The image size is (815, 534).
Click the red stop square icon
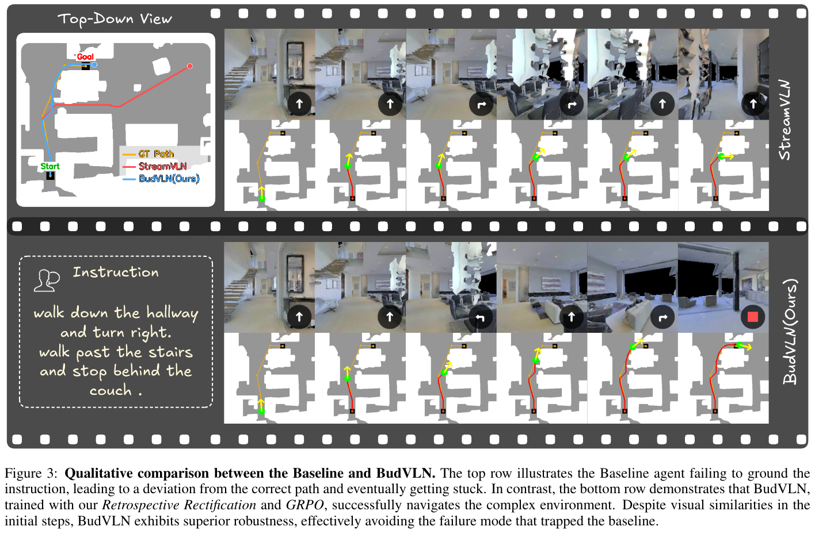(752, 317)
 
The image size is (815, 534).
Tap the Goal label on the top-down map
(85, 57)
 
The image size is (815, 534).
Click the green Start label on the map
(50, 166)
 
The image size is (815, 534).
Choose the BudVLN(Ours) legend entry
(161, 179)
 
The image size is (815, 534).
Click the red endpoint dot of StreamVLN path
(189, 66)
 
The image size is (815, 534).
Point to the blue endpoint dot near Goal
(94, 64)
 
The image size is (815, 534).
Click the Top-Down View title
(115, 19)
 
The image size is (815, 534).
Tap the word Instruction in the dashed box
(116, 272)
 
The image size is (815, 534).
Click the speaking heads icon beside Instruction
(47, 281)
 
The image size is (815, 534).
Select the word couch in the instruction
(111, 390)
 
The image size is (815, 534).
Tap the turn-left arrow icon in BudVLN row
(480, 317)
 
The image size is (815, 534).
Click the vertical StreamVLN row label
(785, 120)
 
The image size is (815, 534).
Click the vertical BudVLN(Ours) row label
(790, 331)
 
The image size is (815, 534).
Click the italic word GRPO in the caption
(304, 505)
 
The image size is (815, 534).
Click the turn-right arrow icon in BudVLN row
(662, 317)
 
